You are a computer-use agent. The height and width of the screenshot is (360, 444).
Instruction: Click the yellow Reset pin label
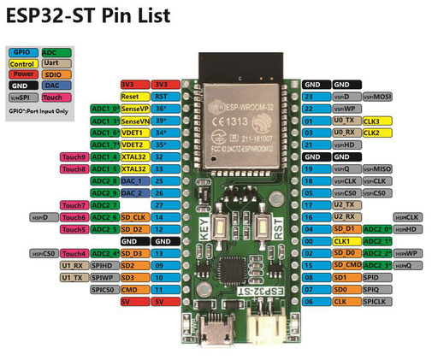[x=133, y=97]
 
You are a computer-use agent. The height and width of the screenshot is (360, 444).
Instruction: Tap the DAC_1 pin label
[x=133, y=181]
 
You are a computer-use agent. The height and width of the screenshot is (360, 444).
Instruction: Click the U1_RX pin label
[x=72, y=265]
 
